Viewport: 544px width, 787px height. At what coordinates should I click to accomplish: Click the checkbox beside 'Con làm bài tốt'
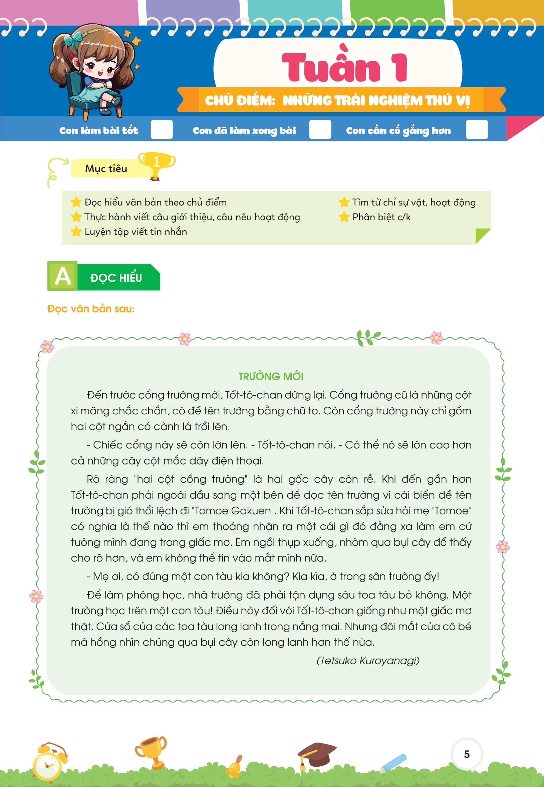click(x=162, y=130)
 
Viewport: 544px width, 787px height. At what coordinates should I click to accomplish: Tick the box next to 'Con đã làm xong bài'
click(x=320, y=130)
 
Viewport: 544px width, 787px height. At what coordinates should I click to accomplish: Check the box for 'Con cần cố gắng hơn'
click(x=477, y=130)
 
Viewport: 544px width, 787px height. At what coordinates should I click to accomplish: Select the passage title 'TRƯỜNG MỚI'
click(x=271, y=376)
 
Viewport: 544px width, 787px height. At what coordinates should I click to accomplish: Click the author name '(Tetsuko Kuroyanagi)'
click(x=368, y=660)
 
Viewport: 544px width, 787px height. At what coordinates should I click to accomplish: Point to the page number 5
click(x=467, y=754)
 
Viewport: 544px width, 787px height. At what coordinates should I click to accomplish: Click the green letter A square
click(x=62, y=276)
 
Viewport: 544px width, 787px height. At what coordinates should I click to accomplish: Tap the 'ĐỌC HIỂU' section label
click(x=116, y=278)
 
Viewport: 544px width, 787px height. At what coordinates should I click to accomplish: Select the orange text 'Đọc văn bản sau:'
click(x=91, y=308)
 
